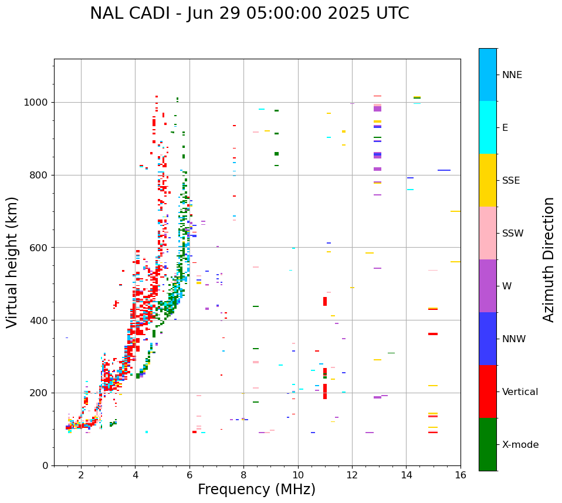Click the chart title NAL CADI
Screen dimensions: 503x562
point(249,13)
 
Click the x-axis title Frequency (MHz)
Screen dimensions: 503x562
point(256,490)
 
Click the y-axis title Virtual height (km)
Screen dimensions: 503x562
point(12,262)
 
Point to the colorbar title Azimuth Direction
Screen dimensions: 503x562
point(549,259)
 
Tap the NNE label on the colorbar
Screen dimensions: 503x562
point(512,75)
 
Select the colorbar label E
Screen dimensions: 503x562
point(505,128)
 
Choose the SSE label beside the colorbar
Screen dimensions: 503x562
point(511,181)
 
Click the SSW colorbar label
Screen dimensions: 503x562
point(513,234)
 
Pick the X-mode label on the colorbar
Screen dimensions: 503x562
point(520,445)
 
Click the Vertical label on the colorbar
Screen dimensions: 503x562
point(520,392)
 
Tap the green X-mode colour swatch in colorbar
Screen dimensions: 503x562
point(487,444)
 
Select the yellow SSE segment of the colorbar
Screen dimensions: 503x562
point(487,180)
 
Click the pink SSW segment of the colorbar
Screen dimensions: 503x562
point(487,233)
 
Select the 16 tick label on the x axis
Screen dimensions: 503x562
point(460,475)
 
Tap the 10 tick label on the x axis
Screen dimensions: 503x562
point(297,475)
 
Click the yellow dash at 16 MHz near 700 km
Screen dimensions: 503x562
point(455,211)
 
